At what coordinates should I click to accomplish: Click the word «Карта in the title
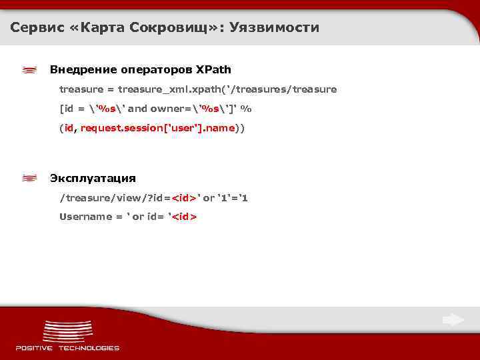[101, 28]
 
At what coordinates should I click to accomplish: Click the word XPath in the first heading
[213, 69]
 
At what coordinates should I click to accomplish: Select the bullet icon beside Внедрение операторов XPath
[29, 70]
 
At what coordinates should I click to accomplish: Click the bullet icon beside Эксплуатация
[29, 179]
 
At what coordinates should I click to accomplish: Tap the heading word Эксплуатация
[93, 179]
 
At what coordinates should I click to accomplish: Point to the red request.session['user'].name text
[157, 128]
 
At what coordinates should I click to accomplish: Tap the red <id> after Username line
[185, 217]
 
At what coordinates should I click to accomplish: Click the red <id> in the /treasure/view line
[185, 198]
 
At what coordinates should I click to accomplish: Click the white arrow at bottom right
[453, 321]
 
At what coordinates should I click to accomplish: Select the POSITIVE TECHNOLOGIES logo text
[67, 347]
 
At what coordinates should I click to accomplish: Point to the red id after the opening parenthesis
[69, 128]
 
